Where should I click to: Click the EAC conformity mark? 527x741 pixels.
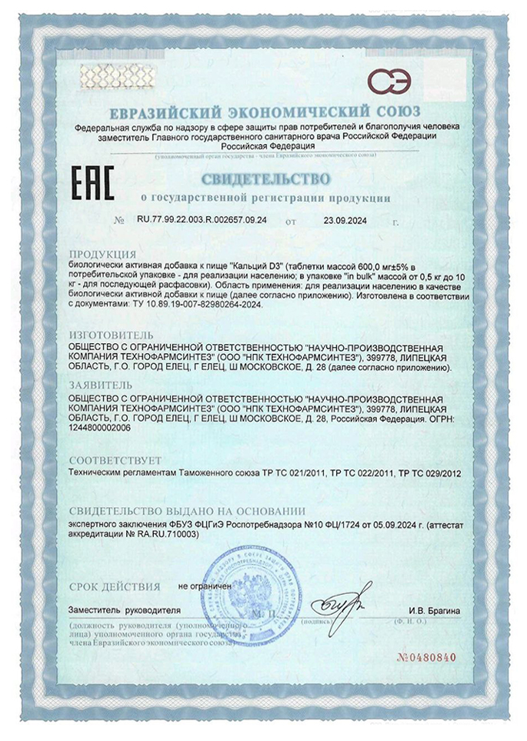click(92, 185)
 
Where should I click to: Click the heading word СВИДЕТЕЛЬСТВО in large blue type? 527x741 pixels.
click(266, 180)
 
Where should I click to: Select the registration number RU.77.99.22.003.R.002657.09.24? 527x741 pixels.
click(202, 221)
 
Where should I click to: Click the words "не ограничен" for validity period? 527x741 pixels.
click(205, 586)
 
